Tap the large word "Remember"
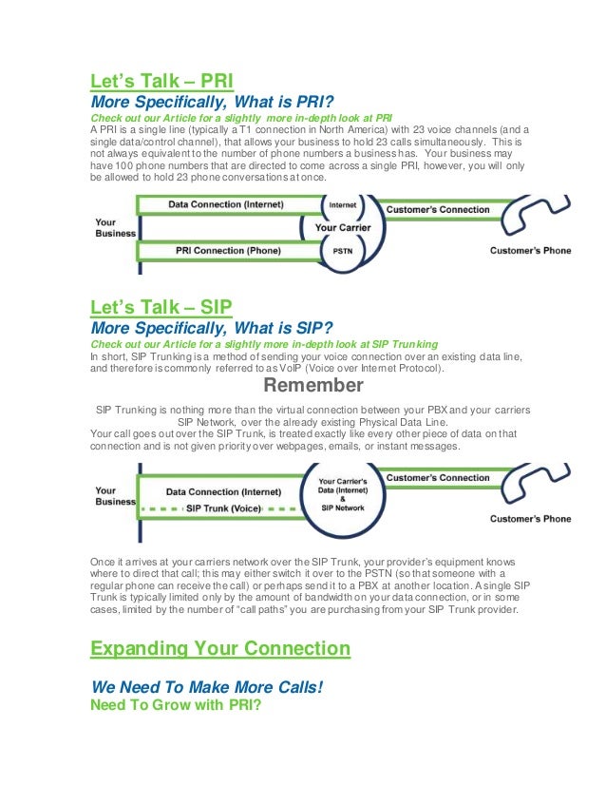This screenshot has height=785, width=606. coord(312,385)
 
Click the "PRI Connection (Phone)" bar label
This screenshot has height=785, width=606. coord(221,251)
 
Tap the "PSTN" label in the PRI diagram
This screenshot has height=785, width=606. coord(342,251)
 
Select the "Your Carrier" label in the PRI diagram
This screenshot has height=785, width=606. coord(342,228)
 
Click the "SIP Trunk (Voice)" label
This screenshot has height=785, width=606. coord(225,508)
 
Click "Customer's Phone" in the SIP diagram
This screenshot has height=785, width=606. coord(530,519)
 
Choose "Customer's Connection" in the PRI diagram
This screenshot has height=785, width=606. coord(438,208)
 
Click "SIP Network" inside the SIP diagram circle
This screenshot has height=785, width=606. coord(343,508)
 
